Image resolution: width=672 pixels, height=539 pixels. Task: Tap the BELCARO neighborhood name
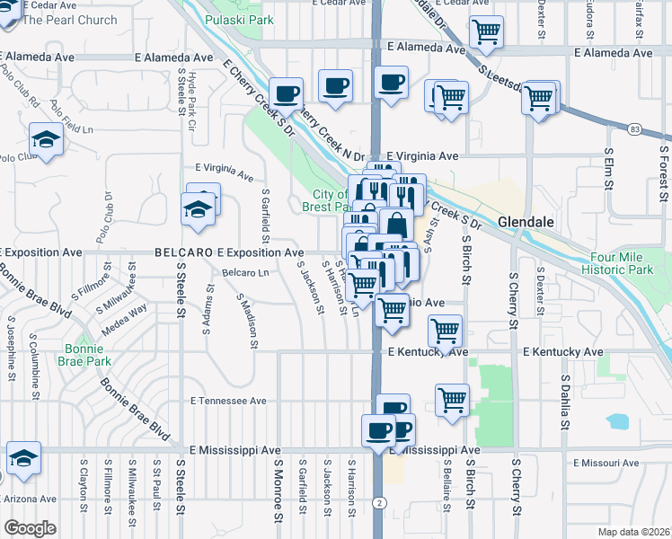(183, 253)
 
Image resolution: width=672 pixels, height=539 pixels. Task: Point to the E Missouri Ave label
(611, 464)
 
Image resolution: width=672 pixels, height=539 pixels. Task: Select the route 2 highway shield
(380, 502)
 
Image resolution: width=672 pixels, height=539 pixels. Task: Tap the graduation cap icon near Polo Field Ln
(44, 140)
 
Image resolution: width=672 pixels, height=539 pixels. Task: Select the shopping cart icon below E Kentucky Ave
(452, 398)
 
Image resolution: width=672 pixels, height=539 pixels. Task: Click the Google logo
(30, 528)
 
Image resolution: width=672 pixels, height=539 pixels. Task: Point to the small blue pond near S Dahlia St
(617, 420)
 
